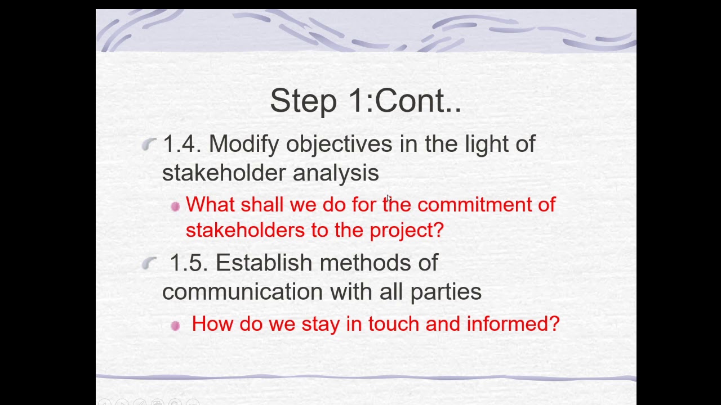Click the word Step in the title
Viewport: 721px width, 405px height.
(x=303, y=101)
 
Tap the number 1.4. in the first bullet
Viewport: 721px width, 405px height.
(x=181, y=144)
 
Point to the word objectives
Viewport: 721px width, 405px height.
(x=339, y=145)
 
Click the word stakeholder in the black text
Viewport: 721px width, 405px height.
(x=224, y=173)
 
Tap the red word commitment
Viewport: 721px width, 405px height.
(x=473, y=205)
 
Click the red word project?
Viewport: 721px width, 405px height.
(x=407, y=231)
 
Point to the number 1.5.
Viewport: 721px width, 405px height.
(x=188, y=263)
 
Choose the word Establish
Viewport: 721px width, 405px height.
(x=264, y=263)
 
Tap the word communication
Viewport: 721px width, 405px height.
(x=242, y=291)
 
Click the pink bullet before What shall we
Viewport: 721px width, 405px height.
(x=175, y=206)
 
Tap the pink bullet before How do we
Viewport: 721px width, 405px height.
(x=175, y=325)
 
